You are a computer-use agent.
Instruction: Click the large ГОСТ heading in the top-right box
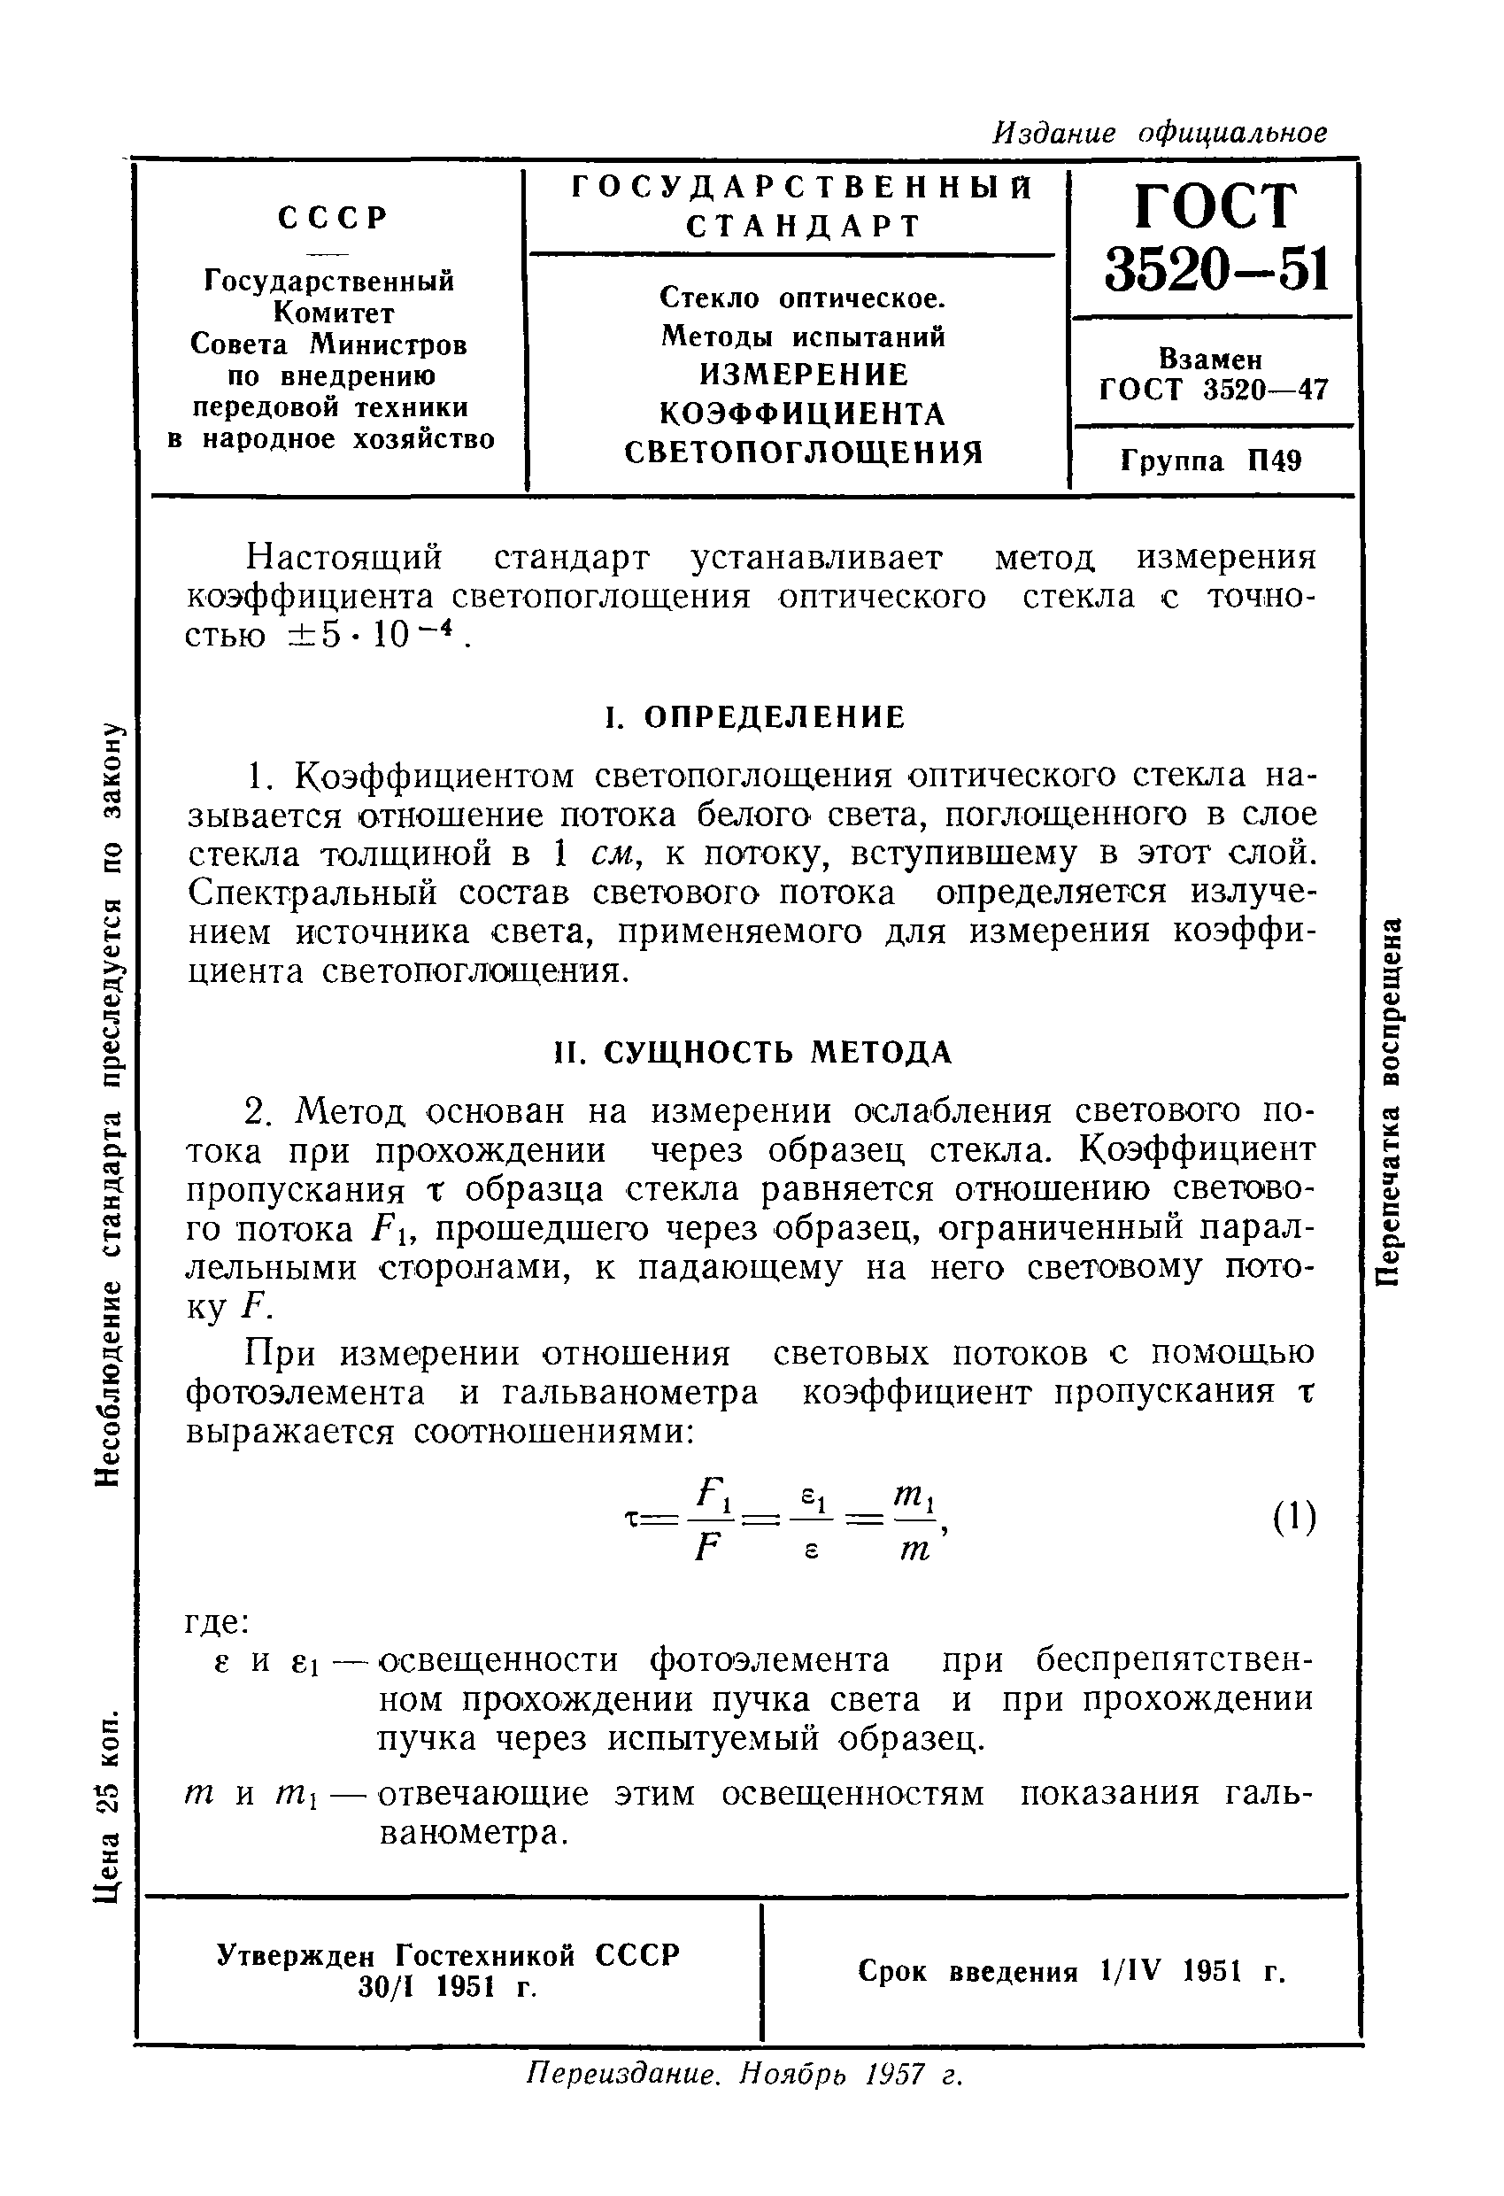1214,207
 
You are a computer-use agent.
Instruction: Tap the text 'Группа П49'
1211,461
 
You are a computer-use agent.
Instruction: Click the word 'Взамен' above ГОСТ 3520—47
1210,360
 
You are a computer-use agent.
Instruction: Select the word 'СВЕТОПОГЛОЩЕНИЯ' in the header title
804,452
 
